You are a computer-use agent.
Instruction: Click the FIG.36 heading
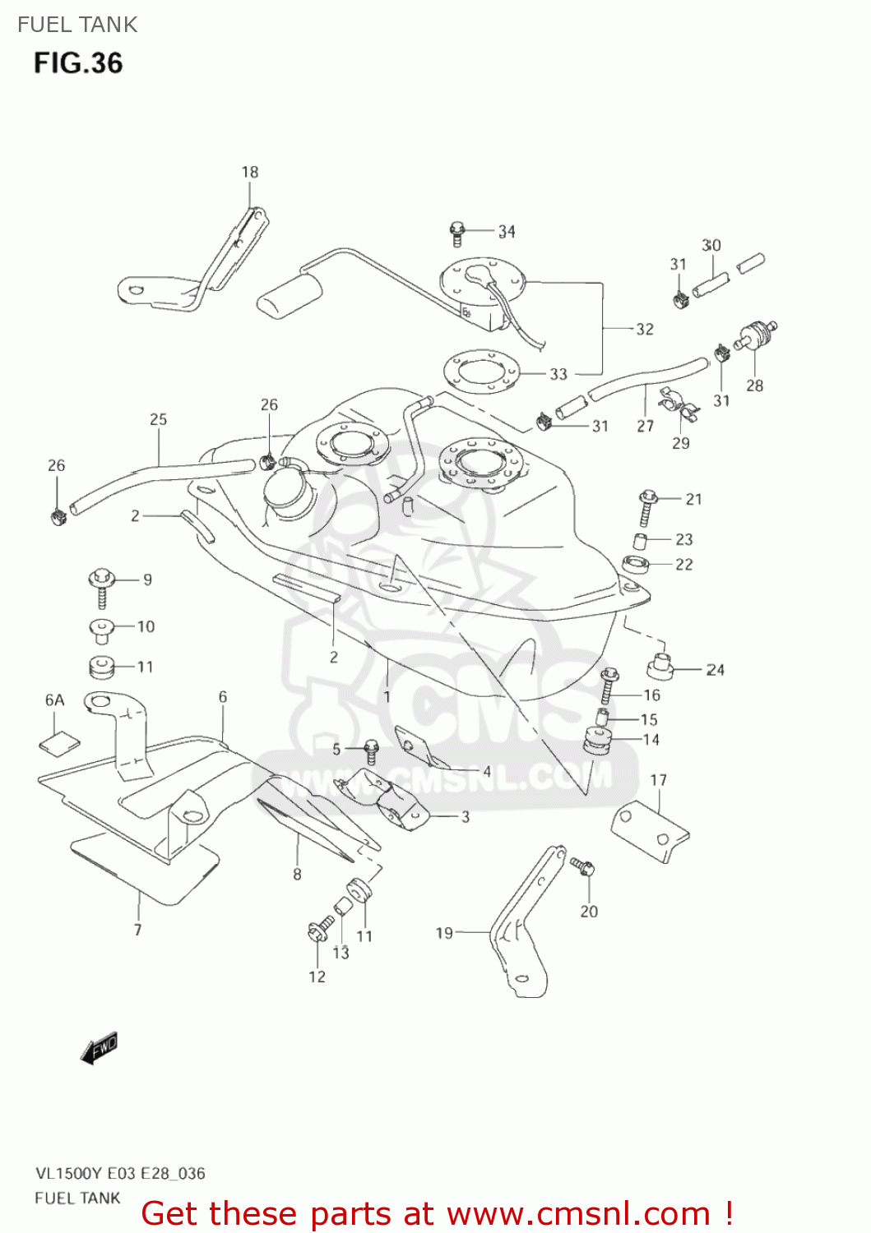click(78, 63)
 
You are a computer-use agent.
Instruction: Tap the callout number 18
click(250, 172)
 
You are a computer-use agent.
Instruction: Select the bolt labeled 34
click(457, 233)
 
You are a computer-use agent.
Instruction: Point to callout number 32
click(645, 329)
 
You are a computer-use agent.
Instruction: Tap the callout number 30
click(711, 245)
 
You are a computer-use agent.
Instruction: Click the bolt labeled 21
click(646, 507)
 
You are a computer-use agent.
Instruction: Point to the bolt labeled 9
click(101, 585)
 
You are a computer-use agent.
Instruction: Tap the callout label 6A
click(54, 700)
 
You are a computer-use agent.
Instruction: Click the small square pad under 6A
click(60, 742)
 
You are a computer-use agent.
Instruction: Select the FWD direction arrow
click(100, 1049)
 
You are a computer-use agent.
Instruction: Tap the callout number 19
click(444, 933)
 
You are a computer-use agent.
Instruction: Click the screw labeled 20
click(582, 866)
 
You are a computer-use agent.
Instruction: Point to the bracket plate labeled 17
click(650, 830)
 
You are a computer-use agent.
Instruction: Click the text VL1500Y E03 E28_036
click(120, 1173)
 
